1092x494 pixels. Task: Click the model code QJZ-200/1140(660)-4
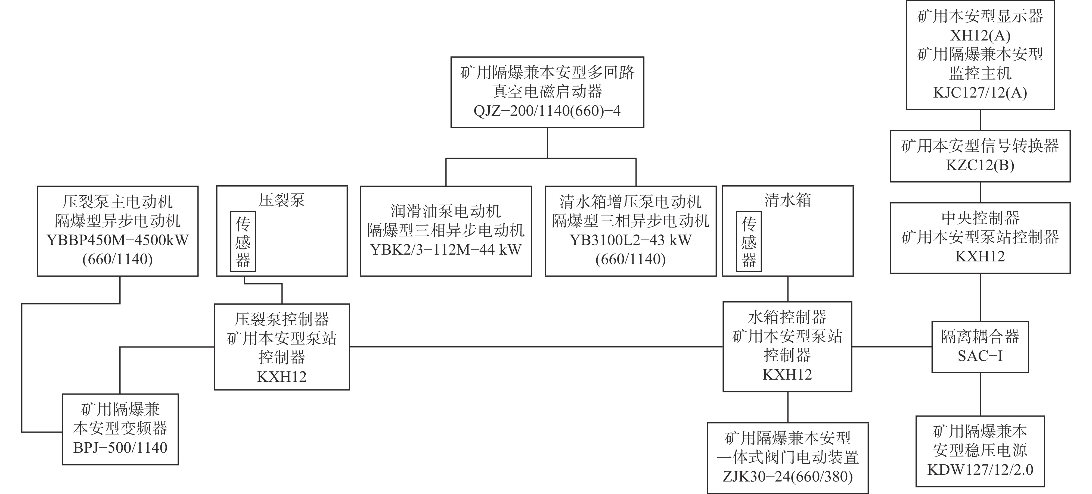pos(547,111)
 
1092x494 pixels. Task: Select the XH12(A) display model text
pos(980,36)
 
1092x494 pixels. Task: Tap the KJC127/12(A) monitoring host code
pos(980,93)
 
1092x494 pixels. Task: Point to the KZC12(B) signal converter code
pos(980,165)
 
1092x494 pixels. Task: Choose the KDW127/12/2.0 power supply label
pos(980,470)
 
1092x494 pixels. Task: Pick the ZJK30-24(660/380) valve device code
pos(788,477)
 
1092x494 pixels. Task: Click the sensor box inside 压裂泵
pos(243,242)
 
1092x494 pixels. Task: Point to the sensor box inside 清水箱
pos(749,242)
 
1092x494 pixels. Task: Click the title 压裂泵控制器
pos(282,319)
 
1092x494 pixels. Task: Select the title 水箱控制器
pos(787,317)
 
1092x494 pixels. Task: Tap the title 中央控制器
pos(980,218)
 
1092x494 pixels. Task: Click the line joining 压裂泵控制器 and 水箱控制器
pos(536,346)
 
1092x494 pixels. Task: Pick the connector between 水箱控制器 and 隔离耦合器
pos(892,346)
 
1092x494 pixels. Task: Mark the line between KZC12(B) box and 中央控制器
pos(980,192)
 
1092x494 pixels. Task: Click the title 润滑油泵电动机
pos(446,211)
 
